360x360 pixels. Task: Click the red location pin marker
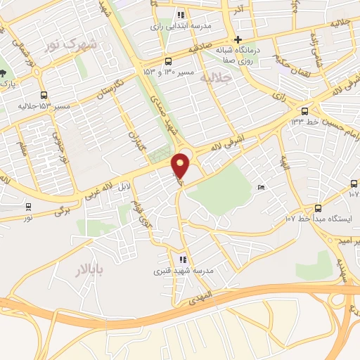181,165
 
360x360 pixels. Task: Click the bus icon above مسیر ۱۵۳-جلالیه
44,96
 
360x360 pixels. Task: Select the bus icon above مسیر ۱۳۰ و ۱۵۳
167,61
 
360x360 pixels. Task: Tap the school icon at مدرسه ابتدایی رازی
181,14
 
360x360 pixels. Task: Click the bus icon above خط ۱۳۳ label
304,111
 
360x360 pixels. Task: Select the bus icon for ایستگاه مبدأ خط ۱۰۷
318,207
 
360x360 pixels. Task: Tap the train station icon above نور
28,207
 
